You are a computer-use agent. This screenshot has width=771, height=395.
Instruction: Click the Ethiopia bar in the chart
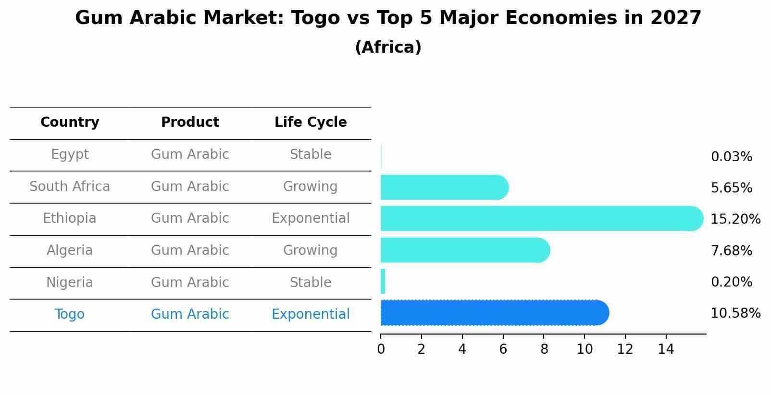[542, 218]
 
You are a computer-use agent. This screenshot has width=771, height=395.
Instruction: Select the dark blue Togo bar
[495, 312]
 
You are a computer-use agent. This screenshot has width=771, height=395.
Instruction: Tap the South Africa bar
[444, 187]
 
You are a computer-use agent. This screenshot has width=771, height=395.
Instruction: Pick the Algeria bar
[465, 250]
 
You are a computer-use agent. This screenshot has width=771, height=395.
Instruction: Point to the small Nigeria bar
[383, 281]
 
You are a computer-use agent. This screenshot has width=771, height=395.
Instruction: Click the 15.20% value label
[735, 219]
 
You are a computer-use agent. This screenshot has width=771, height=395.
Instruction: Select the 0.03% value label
[732, 157]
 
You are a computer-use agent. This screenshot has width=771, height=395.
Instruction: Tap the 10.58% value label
[735, 313]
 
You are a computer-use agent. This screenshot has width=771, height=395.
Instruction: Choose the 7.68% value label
[732, 251]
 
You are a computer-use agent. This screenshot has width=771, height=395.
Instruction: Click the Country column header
[70, 122]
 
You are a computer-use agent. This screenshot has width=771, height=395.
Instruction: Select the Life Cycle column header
[311, 122]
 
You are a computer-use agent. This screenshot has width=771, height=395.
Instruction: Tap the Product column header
[190, 122]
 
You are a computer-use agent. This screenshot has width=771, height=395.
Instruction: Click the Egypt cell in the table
[70, 155]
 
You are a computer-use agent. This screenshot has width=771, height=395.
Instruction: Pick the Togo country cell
[70, 314]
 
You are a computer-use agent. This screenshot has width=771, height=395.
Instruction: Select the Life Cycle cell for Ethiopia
[311, 218]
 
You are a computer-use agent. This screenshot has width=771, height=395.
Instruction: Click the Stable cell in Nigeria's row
[311, 282]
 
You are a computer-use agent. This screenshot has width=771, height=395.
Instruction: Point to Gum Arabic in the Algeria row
[190, 250]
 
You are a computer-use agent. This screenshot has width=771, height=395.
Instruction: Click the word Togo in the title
[316, 18]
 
